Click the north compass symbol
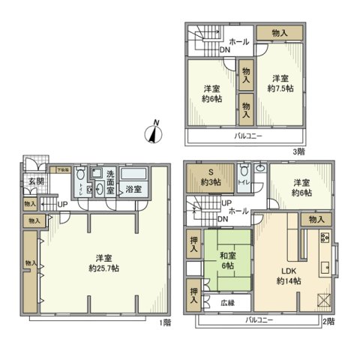[154, 133]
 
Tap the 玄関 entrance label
[36, 181]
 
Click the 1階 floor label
[164, 322]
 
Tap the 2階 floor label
[328, 321]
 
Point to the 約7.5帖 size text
[280, 88]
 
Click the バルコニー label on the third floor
[247, 136]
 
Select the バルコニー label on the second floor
[259, 321]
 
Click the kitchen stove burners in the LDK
[326, 238]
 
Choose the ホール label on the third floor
[239, 42]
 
